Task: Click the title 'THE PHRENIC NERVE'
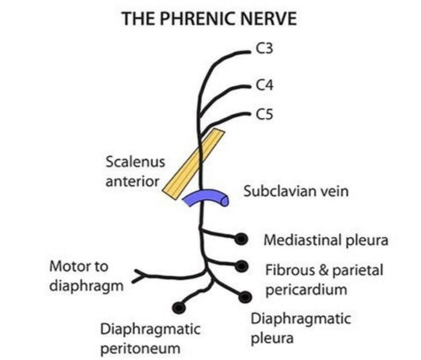tap(210, 20)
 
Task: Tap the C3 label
tap(265, 50)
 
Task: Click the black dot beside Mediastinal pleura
tap(241, 238)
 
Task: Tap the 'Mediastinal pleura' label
tap(325, 240)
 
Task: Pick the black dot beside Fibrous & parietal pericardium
tap(241, 266)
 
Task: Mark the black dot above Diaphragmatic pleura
tap(245, 296)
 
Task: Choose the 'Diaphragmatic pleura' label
tap(301, 328)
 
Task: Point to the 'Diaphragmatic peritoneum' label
tap(150, 339)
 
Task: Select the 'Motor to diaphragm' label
tap(86, 276)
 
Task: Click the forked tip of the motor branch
tap(138, 276)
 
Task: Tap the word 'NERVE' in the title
tap(268, 20)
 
